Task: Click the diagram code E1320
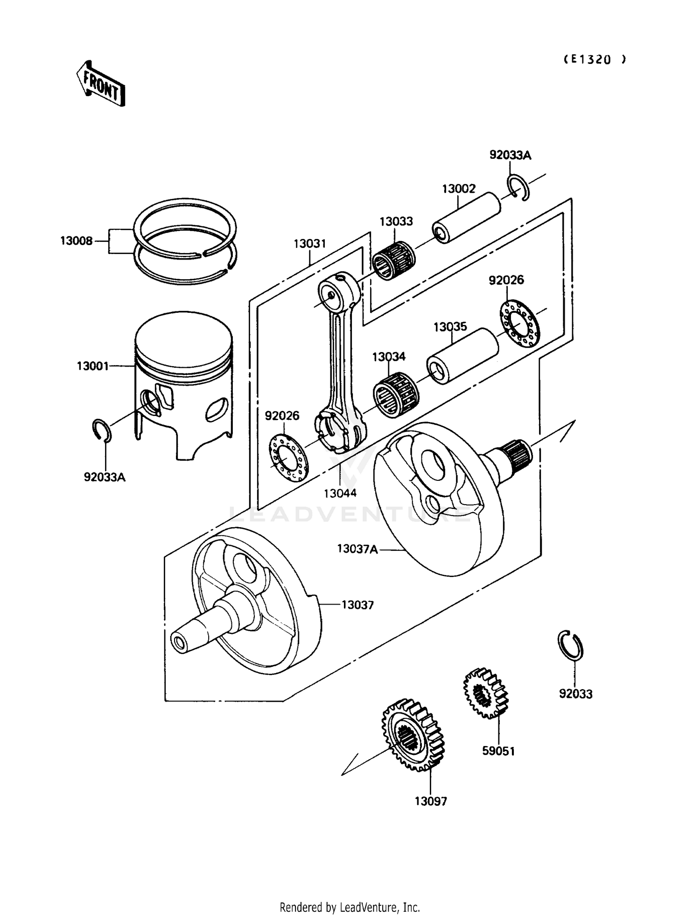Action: [x=595, y=59]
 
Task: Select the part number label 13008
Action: [x=76, y=241]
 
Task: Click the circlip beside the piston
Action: [x=102, y=430]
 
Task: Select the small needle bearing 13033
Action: [x=394, y=260]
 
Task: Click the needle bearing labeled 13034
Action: [x=396, y=395]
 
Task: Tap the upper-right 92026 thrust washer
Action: [x=519, y=324]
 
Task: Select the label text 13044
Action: [x=340, y=493]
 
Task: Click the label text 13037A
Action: [x=357, y=549]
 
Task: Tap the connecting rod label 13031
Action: [x=310, y=244]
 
